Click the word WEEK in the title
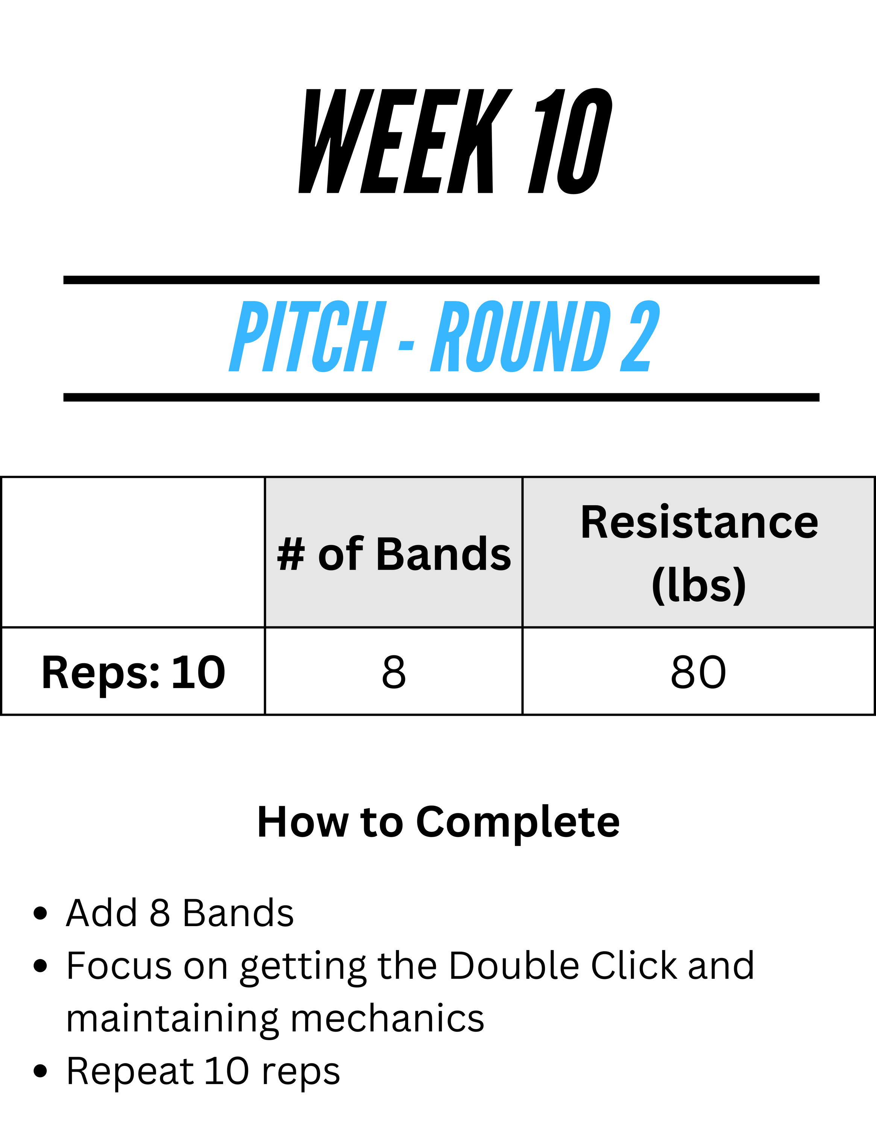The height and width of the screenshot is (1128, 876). click(405, 141)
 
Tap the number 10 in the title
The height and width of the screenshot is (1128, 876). click(570, 141)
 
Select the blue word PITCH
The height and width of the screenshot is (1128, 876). click(307, 336)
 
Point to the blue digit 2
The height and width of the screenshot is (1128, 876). click(640, 336)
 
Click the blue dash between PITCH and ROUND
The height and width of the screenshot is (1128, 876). click(407, 346)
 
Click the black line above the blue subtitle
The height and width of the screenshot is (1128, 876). click(442, 280)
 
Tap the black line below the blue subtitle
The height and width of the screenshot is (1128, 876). click(442, 397)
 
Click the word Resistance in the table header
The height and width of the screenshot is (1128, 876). click(699, 523)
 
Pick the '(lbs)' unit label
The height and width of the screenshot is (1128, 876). click(699, 585)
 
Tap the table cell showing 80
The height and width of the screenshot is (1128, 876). click(699, 672)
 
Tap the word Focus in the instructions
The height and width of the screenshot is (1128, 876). click(119, 966)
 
